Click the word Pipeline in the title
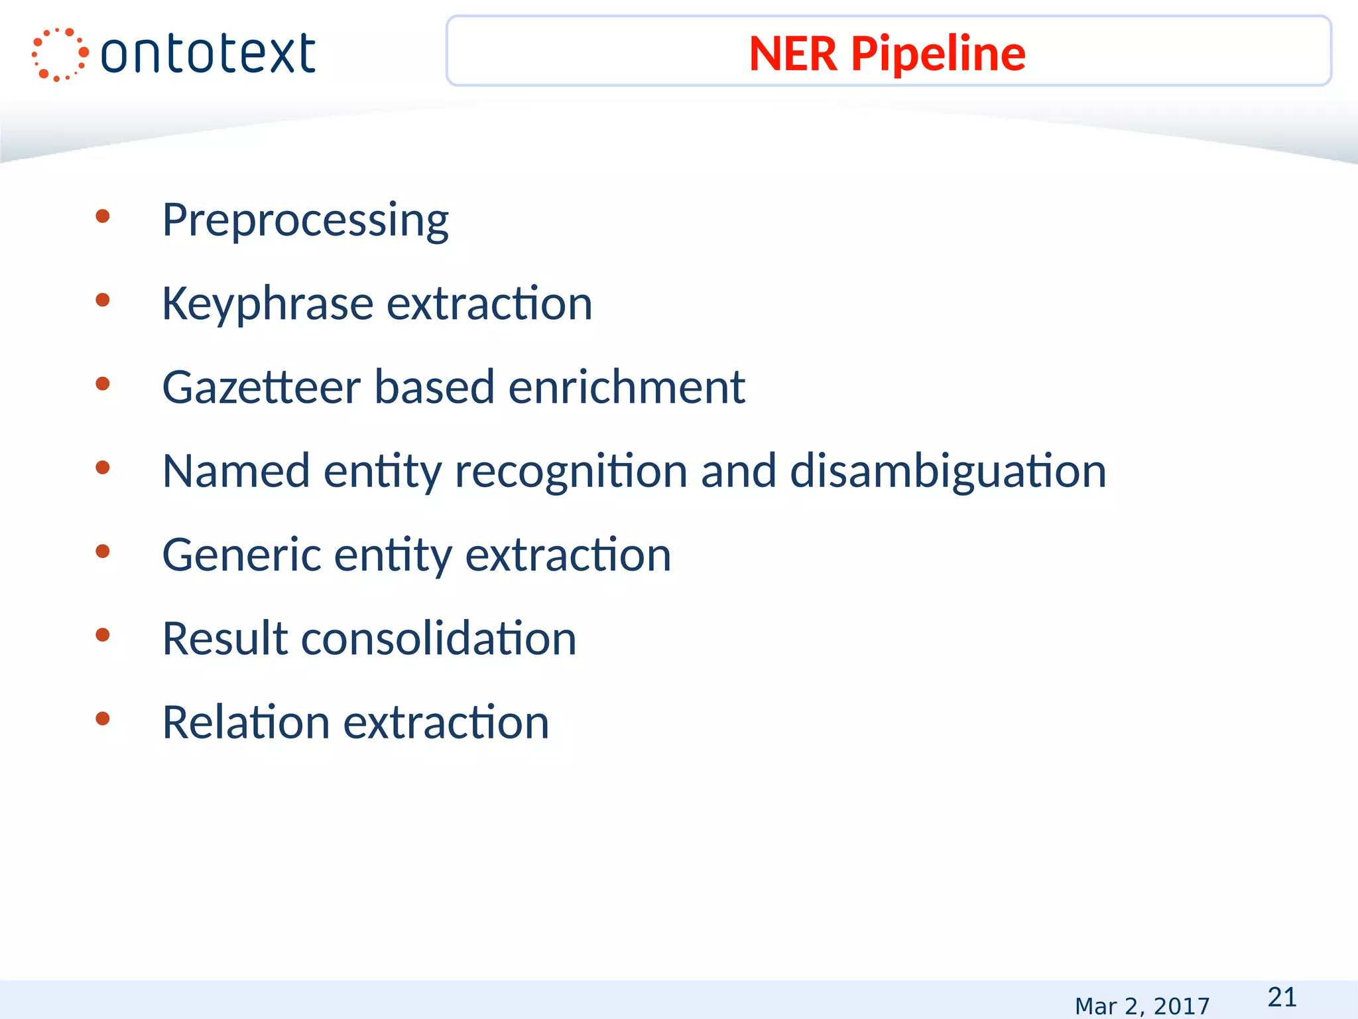pyautogui.click(x=938, y=54)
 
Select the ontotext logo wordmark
pyautogui.click(x=208, y=54)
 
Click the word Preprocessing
pyautogui.click(x=305, y=220)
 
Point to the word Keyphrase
pyautogui.click(x=267, y=304)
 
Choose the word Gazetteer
pyautogui.click(x=261, y=387)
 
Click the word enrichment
pyautogui.click(x=627, y=387)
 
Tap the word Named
pyautogui.click(x=236, y=471)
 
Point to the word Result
pyautogui.click(x=225, y=638)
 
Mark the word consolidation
pyautogui.click(x=439, y=638)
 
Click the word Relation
pyautogui.click(x=245, y=722)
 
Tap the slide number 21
pyautogui.click(x=1282, y=997)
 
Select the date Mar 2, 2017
pyautogui.click(x=1142, y=1006)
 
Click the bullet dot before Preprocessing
pyautogui.click(x=102, y=216)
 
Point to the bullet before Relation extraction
pyautogui.click(x=102, y=718)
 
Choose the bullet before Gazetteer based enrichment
pyautogui.click(x=102, y=383)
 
